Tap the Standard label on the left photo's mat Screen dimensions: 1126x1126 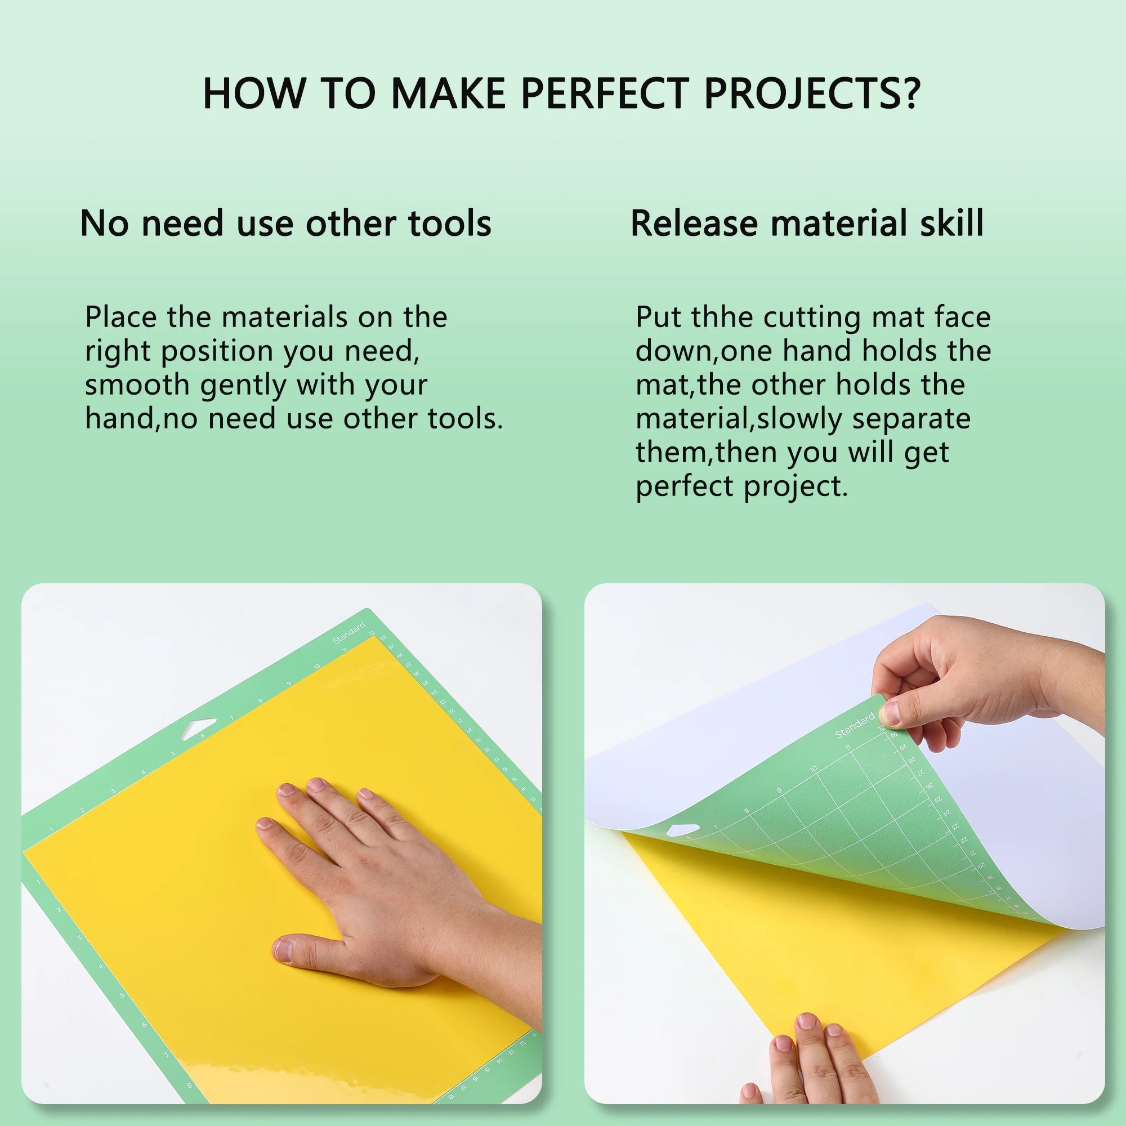click(348, 633)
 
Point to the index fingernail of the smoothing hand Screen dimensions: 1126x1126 click(265, 824)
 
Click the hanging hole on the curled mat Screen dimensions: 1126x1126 click(682, 829)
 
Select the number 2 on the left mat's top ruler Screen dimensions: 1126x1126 click(83, 810)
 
